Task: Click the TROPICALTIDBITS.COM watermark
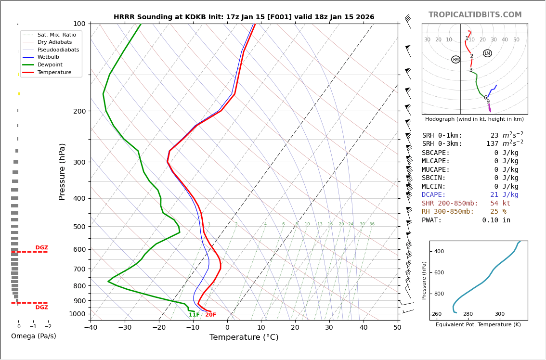[475, 15]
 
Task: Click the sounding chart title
[244, 17]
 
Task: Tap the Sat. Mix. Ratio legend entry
[56, 35]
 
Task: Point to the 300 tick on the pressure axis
[78, 162]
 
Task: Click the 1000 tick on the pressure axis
[77, 314]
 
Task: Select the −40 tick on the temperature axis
[91, 328]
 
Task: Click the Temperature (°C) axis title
[244, 337]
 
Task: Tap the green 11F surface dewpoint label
[194, 315]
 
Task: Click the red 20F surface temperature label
[211, 315]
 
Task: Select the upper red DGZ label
[41, 248]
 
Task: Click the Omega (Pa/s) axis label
[33, 336]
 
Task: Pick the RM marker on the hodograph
[455, 60]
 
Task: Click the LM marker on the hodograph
[487, 53]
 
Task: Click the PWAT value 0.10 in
[496, 220]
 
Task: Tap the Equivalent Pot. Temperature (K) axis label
[478, 324]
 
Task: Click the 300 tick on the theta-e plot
[500, 314]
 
